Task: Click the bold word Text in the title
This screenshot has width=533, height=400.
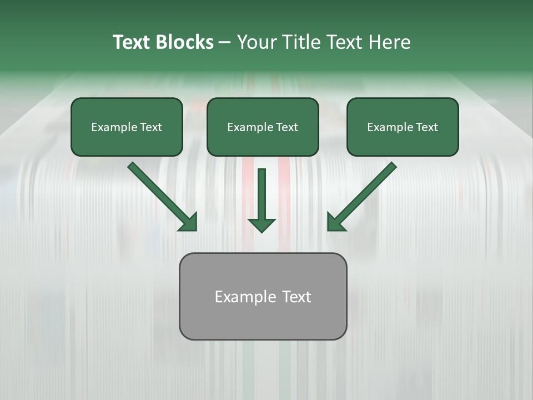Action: [x=132, y=42]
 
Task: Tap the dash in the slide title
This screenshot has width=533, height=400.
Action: [x=225, y=43]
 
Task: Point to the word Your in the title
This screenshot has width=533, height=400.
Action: [x=257, y=42]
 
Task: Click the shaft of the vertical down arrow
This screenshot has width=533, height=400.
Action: [x=262, y=192]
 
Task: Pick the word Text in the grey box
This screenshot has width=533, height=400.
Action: [x=296, y=297]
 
